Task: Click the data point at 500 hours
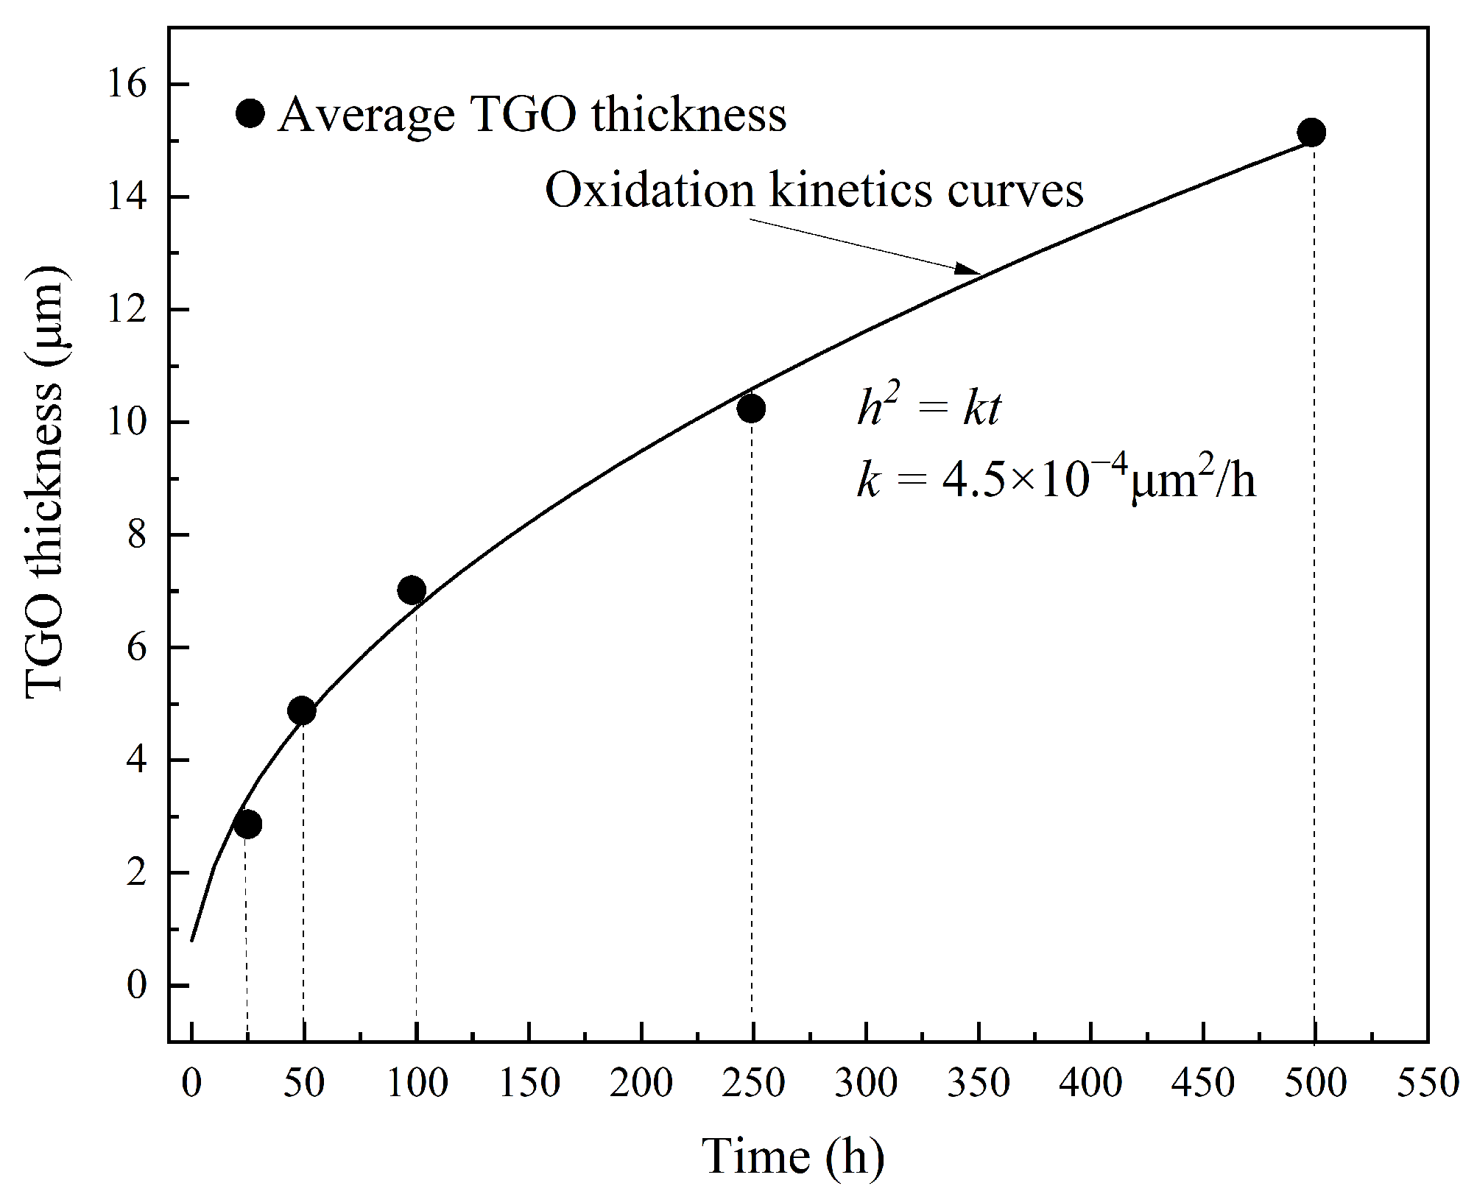[1312, 133]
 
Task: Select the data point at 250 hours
[751, 409]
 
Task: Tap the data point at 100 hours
[412, 590]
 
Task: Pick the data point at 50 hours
[302, 711]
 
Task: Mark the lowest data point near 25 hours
[247, 825]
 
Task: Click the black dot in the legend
[250, 113]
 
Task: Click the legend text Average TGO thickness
[532, 116]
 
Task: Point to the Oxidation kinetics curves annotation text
[814, 191]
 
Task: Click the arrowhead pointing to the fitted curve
[969, 270]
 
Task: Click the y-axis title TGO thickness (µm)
[46, 482]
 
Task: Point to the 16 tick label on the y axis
[127, 85]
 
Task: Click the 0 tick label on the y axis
[137, 985]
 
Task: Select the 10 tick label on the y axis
[127, 423]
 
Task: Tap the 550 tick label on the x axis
[1428, 1083]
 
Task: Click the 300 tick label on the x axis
[866, 1083]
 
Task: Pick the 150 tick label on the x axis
[529, 1083]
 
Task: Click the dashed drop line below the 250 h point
[752, 736]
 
